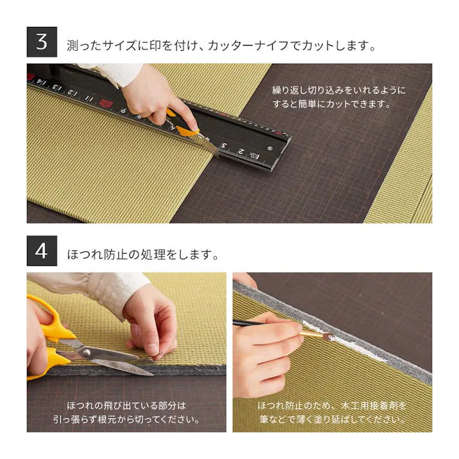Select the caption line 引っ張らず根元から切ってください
(126, 420)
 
